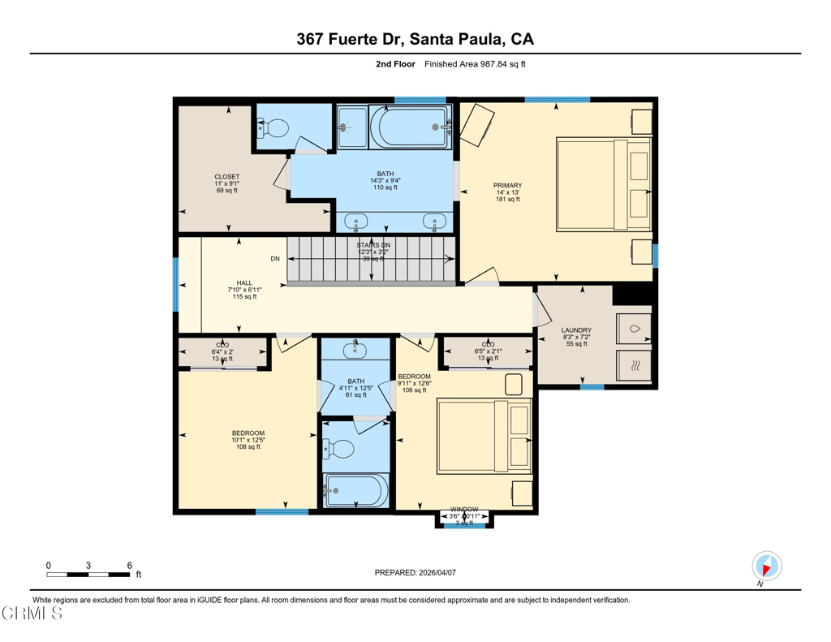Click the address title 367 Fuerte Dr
415,39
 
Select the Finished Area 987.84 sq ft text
475,64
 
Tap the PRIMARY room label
507,192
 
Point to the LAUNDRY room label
576,336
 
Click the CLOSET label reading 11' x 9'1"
226,183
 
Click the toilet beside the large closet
273,128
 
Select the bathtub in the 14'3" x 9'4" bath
410,127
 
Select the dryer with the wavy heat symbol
634,364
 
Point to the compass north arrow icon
766,567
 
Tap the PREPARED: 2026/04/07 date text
415,573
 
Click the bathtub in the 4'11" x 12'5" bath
355,489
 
